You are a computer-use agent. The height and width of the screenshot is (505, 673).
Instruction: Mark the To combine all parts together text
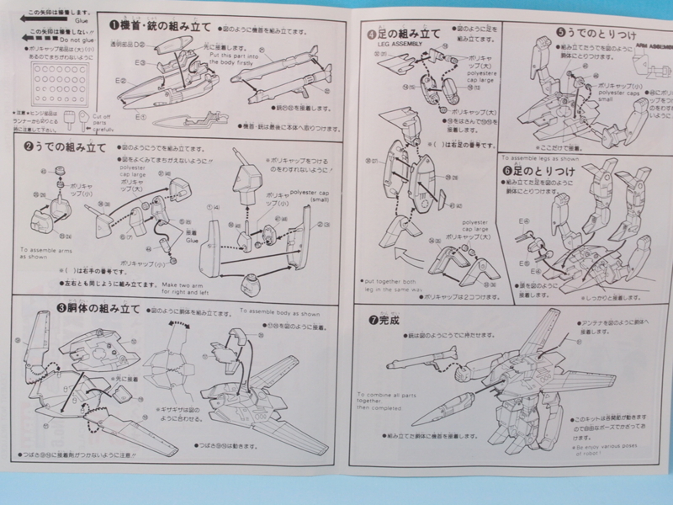382,403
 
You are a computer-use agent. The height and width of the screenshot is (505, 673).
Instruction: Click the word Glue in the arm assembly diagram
192,240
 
